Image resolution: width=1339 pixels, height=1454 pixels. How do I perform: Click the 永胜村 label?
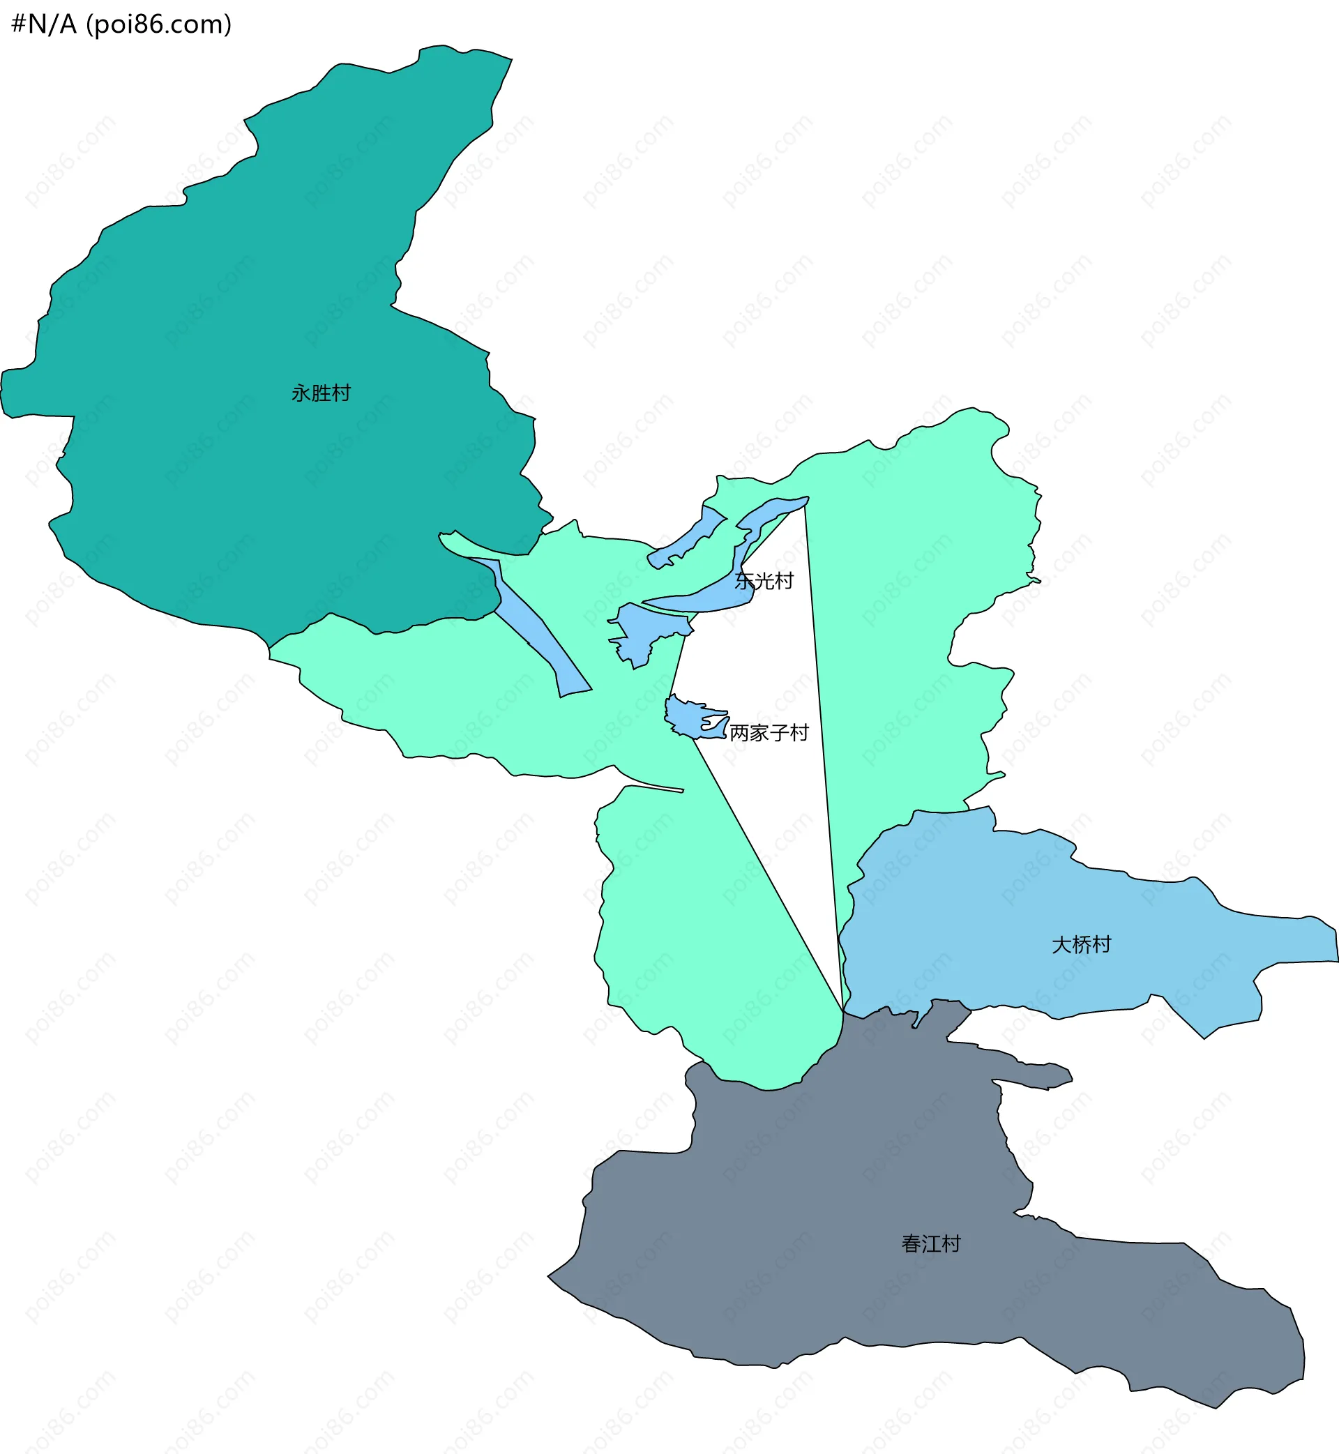[x=321, y=393]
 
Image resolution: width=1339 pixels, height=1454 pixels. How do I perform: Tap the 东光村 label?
[x=764, y=581]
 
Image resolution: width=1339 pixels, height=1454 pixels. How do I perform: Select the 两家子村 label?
[x=769, y=733]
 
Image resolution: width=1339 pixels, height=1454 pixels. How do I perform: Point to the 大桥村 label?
[x=1081, y=945]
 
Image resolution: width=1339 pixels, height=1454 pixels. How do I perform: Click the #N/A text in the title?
[x=44, y=24]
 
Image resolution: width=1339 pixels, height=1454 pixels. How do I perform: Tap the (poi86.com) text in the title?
[x=159, y=24]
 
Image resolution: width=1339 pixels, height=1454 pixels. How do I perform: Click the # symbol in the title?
[x=19, y=24]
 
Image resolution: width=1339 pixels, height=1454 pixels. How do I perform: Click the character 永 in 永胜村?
[x=301, y=393]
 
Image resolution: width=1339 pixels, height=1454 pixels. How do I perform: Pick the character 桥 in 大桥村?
[x=1081, y=945]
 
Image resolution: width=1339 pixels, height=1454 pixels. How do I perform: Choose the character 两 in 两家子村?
[x=739, y=733]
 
